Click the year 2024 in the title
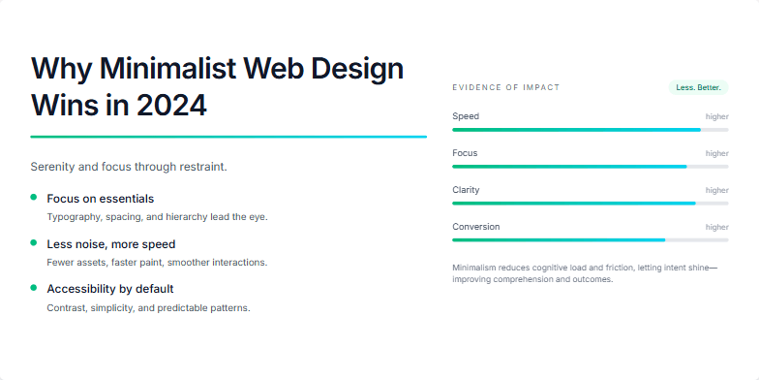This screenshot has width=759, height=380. [172, 104]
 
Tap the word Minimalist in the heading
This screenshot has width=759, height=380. [170, 68]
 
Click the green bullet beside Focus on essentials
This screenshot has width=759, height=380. [34, 198]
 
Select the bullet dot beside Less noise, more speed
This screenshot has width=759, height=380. [34, 243]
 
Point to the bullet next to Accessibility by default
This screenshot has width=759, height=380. [34, 288]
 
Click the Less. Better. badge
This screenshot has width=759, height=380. [698, 87]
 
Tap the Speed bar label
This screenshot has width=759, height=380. [466, 116]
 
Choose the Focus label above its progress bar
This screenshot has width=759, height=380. [465, 153]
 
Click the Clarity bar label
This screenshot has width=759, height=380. [466, 190]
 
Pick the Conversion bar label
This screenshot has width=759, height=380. [476, 227]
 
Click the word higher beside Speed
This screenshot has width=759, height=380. [716, 116]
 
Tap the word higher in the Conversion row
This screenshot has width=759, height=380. [716, 227]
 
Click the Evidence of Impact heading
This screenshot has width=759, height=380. [505, 87]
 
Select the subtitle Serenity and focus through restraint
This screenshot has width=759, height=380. [129, 167]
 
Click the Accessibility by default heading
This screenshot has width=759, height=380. [110, 289]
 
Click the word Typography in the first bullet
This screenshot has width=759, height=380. [73, 216]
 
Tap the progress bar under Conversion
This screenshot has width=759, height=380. [590, 239]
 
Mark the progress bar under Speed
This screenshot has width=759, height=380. [590, 129]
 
